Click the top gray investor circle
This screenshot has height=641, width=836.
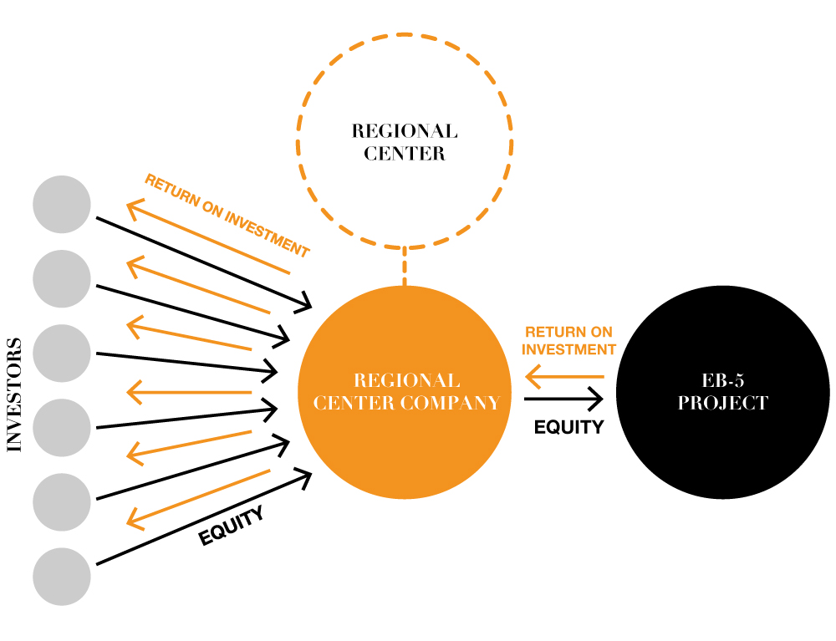click(62, 205)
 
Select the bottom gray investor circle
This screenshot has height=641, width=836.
click(62, 577)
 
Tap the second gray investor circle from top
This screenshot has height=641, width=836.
click(62, 279)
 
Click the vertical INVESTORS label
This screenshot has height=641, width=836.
click(14, 394)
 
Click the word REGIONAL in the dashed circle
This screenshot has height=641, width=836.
click(405, 132)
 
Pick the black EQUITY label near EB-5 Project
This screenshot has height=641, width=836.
click(568, 427)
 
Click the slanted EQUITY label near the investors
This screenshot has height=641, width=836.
click(232, 527)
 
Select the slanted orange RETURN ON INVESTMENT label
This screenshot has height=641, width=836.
click(227, 216)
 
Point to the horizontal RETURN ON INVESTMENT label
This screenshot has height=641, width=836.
click(570, 340)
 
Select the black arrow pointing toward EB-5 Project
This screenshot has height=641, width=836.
click(564, 399)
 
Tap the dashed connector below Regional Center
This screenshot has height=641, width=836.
click(405, 266)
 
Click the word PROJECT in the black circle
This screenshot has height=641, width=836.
click(722, 403)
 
